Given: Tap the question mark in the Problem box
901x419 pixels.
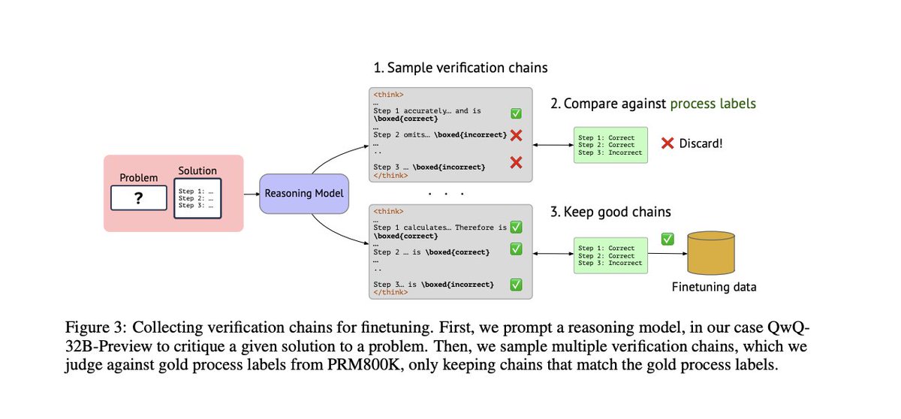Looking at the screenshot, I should point(139,198).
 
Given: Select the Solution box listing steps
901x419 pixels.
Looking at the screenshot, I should point(197,197).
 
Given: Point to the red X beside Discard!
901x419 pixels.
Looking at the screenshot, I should point(666,142).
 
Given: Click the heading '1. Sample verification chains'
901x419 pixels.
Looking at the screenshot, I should point(460,68).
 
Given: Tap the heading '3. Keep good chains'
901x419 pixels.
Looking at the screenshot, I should point(610,212).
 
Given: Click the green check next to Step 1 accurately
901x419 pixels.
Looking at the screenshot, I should point(516,114).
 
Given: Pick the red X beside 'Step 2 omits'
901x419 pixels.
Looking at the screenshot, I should point(516,136).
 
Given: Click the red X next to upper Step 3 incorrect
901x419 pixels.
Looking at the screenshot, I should point(516,162).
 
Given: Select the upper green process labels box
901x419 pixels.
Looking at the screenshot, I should point(609,145).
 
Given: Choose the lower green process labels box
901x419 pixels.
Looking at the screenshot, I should point(609,255).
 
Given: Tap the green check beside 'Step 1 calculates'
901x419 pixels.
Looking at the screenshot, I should point(516,227).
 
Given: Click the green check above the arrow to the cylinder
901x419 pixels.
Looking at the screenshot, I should point(667,240).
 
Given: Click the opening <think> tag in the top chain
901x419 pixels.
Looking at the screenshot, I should point(388,95).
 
